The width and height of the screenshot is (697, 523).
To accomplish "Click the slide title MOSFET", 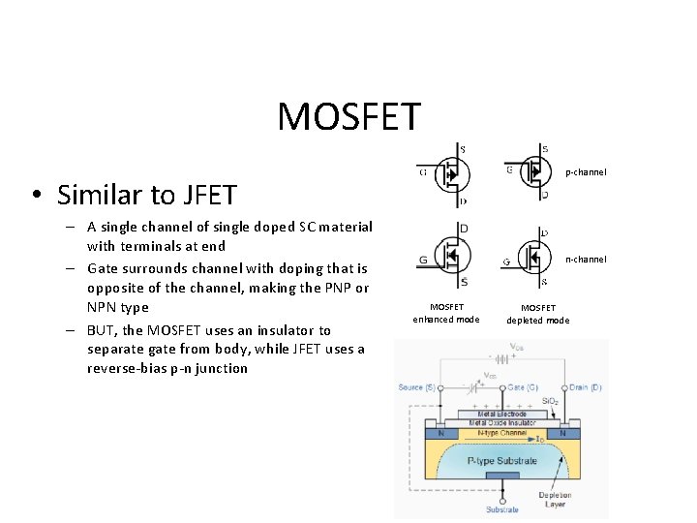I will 349,116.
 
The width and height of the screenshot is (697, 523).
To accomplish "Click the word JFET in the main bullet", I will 206,196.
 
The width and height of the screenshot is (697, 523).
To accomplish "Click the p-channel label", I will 586,172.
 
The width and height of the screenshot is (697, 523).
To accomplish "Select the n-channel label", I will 586,259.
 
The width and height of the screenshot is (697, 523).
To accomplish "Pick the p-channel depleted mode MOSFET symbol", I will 532,172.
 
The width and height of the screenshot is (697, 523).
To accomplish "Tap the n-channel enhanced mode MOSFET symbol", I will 448,256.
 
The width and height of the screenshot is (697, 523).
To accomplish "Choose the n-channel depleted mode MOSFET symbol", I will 532,257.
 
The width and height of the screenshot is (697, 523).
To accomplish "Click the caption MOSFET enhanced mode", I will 446,314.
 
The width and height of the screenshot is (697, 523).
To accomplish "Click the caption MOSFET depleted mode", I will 538,314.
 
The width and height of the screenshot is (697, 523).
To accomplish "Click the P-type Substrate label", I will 501,461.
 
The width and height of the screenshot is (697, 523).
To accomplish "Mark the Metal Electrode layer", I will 501,414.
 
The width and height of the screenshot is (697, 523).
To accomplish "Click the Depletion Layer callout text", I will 556,500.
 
